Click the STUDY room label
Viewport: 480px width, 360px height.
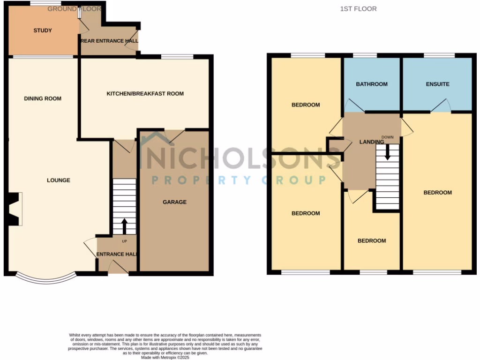pyautogui.click(x=42, y=30)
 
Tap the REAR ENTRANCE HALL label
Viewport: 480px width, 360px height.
pyautogui.click(x=110, y=41)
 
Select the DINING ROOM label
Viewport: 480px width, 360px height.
pyautogui.click(x=43, y=98)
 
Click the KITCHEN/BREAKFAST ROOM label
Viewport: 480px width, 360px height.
pyautogui.click(x=145, y=94)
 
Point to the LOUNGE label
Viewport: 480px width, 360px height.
pyautogui.click(x=59, y=180)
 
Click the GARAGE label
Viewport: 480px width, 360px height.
pyautogui.click(x=174, y=202)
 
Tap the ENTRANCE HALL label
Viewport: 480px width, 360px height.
pyautogui.click(x=116, y=254)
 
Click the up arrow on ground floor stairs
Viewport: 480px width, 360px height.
pyautogui.click(x=124, y=226)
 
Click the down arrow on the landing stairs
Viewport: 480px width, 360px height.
pyautogui.click(x=387, y=152)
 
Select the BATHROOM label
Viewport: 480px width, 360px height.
pyautogui.click(x=372, y=84)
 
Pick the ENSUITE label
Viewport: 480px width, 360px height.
pyautogui.click(x=437, y=84)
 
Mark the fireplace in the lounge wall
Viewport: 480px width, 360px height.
pyautogui.click(x=14, y=209)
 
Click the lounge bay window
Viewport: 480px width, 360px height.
pyautogui.click(x=45, y=279)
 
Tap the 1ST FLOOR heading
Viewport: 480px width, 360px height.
pyautogui.click(x=359, y=9)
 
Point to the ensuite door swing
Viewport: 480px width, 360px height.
pyautogui.click(x=441, y=106)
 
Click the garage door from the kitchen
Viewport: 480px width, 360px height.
pyautogui.click(x=173, y=135)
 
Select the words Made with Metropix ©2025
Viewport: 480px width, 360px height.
pyautogui.click(x=165, y=357)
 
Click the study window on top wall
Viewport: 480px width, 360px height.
pyautogui.click(x=43, y=4)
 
